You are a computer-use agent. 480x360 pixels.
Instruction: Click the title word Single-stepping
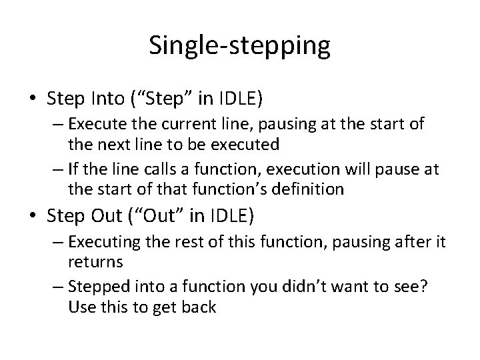tap(239, 45)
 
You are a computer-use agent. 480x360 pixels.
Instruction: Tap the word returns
tap(95, 262)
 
